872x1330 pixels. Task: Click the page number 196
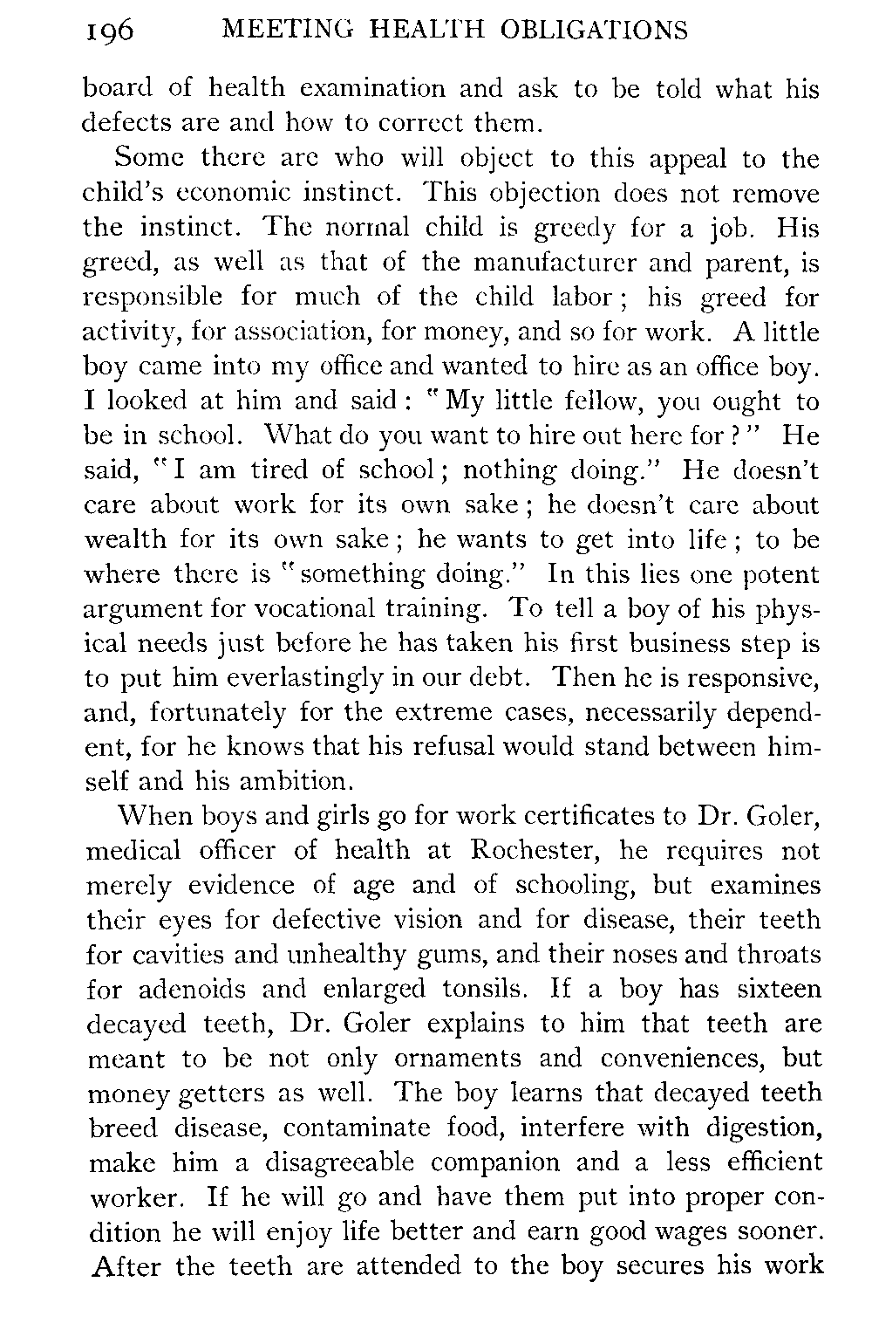pos(109,32)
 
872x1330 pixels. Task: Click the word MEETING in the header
pos(276,31)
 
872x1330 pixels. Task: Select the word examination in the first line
pos(375,88)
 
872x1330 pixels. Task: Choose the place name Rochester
pos(533,850)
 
